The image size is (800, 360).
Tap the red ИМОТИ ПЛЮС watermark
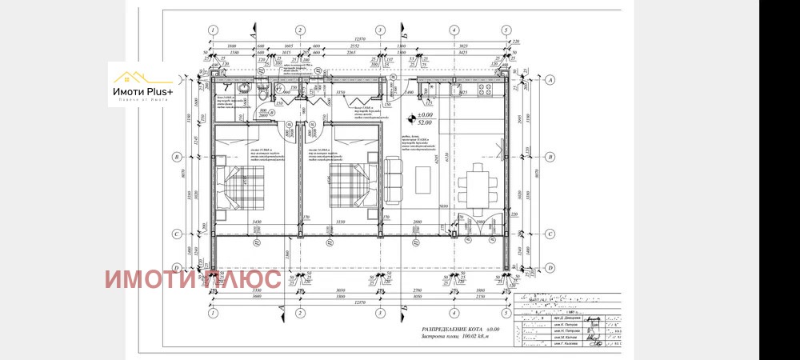point(192,279)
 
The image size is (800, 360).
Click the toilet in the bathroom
point(262,95)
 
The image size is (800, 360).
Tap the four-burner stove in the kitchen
point(462,95)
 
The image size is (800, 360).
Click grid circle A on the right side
point(550,80)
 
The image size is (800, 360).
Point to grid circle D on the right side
point(550,267)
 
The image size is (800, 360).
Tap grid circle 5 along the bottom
point(506,314)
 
